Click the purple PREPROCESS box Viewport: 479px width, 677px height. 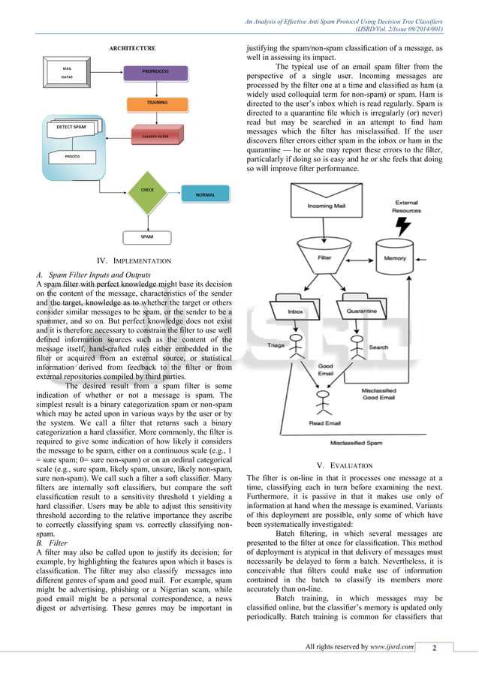click(155, 72)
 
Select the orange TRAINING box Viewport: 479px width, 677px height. click(156, 102)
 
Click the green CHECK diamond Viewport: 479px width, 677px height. click(147, 191)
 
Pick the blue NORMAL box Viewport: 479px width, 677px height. click(204, 194)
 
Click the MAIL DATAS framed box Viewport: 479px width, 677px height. click(68, 72)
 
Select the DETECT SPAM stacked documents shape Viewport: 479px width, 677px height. click(74, 128)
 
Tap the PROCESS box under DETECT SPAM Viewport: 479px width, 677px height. click(72, 156)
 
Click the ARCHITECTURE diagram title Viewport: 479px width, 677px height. click(133, 48)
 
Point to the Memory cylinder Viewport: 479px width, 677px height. click(395, 260)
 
